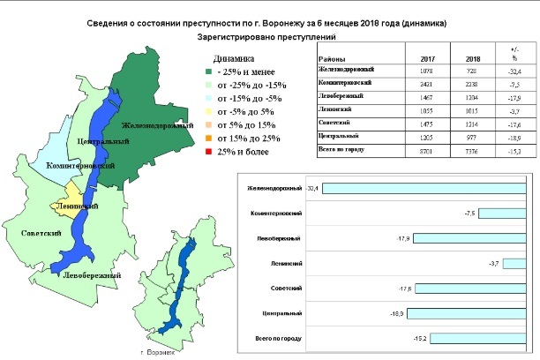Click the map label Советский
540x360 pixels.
click(x=39, y=233)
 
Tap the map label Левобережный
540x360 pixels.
click(x=91, y=275)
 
